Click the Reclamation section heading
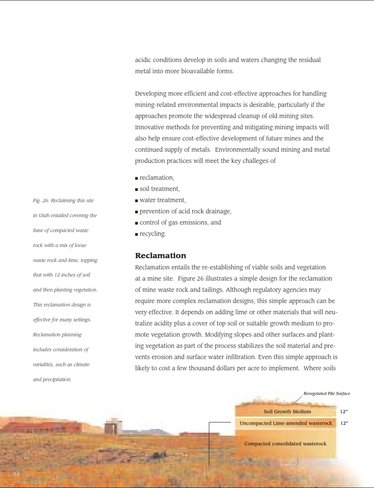161,256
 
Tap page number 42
16,473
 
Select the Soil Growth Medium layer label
287,411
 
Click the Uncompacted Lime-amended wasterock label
286,423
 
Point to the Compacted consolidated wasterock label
285,444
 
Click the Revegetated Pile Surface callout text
327,393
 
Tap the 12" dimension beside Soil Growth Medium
344,411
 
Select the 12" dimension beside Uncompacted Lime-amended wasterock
344,423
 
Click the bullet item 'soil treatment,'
160,189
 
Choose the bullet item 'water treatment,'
163,200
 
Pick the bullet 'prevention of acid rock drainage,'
185,211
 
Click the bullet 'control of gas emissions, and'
180,223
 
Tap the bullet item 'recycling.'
152,234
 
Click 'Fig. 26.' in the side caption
41,201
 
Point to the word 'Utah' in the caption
44,216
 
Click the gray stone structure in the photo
113,427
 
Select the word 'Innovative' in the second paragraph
151,127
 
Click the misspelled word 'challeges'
256,161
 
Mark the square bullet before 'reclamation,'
136,178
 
